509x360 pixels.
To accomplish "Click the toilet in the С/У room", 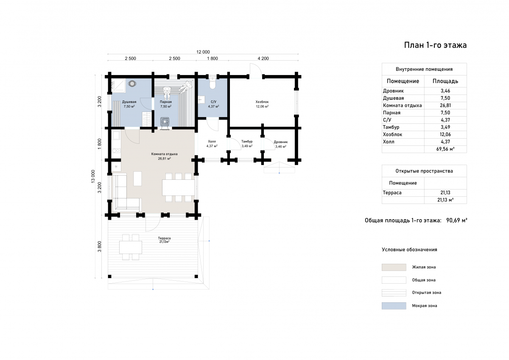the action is pyautogui.click(x=213, y=84).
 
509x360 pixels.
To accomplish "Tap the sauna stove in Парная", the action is pyautogui.click(x=165, y=121).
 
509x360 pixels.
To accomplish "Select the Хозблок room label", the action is pyautogui.click(x=262, y=102).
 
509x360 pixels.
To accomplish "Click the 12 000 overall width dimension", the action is pyautogui.click(x=203, y=52).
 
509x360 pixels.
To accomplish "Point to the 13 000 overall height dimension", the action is pyautogui.click(x=93, y=176).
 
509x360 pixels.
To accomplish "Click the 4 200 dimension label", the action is pyautogui.click(x=263, y=59).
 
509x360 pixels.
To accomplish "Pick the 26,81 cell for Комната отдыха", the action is pyautogui.click(x=445, y=106).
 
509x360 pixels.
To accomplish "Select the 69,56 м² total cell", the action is pyautogui.click(x=445, y=149).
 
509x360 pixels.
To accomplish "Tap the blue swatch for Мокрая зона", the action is pyautogui.click(x=394, y=306).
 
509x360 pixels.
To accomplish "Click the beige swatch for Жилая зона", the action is pyautogui.click(x=394, y=267).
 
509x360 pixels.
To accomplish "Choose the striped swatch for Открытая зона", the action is pyautogui.click(x=394, y=293).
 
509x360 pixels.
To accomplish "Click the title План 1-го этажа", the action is pyautogui.click(x=435, y=45).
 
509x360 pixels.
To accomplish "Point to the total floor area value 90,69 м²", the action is pyautogui.click(x=456, y=220).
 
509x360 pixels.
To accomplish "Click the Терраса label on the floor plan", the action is pyautogui.click(x=164, y=238).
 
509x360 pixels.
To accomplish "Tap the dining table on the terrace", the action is pyautogui.click(x=131, y=247).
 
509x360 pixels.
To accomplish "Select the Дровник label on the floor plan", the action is pyautogui.click(x=281, y=142).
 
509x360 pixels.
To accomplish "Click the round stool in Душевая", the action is pyautogui.click(x=132, y=84).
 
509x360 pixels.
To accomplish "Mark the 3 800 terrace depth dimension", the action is pyautogui.click(x=99, y=247).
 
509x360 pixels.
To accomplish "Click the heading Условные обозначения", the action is pyautogui.click(x=409, y=250).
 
